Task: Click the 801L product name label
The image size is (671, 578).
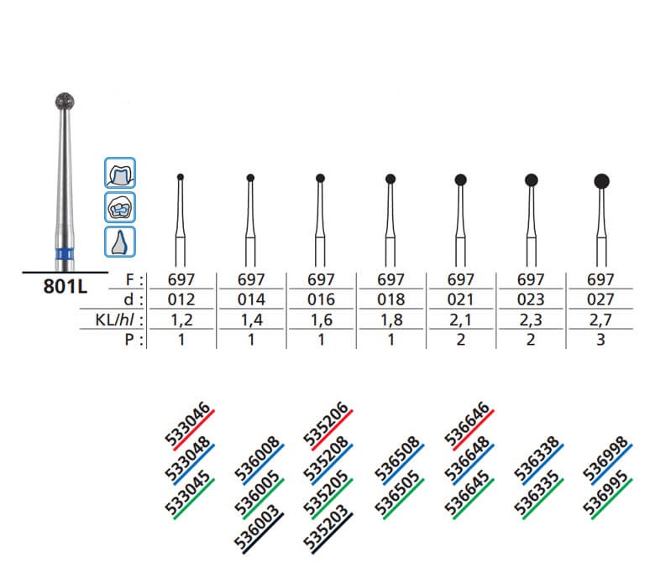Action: click(65, 286)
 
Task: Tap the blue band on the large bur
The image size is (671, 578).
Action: click(65, 254)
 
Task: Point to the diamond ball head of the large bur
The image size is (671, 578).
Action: click(65, 102)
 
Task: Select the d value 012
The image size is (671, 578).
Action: click(181, 299)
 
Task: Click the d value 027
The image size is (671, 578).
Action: click(600, 299)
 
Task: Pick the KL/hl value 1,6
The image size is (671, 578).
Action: click(321, 320)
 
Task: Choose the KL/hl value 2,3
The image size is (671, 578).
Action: click(531, 320)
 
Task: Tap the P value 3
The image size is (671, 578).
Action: click(600, 340)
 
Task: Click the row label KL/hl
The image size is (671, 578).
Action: click(118, 320)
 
